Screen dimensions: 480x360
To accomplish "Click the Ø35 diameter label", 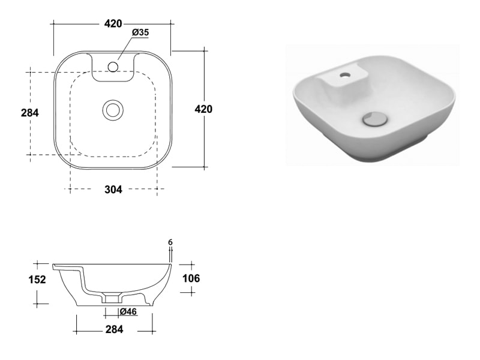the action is coord(140,32).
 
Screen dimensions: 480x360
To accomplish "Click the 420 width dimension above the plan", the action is coord(113,23).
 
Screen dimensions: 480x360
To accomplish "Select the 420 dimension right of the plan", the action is coord(203,109).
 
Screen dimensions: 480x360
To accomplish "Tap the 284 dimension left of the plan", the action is coord(30,113).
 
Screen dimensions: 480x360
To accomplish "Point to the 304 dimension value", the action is coord(113,190).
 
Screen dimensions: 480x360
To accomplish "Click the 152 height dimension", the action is coord(37,280).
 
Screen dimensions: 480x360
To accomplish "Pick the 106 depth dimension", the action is coord(191,278).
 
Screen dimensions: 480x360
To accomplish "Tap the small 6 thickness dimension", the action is coord(170,242).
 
